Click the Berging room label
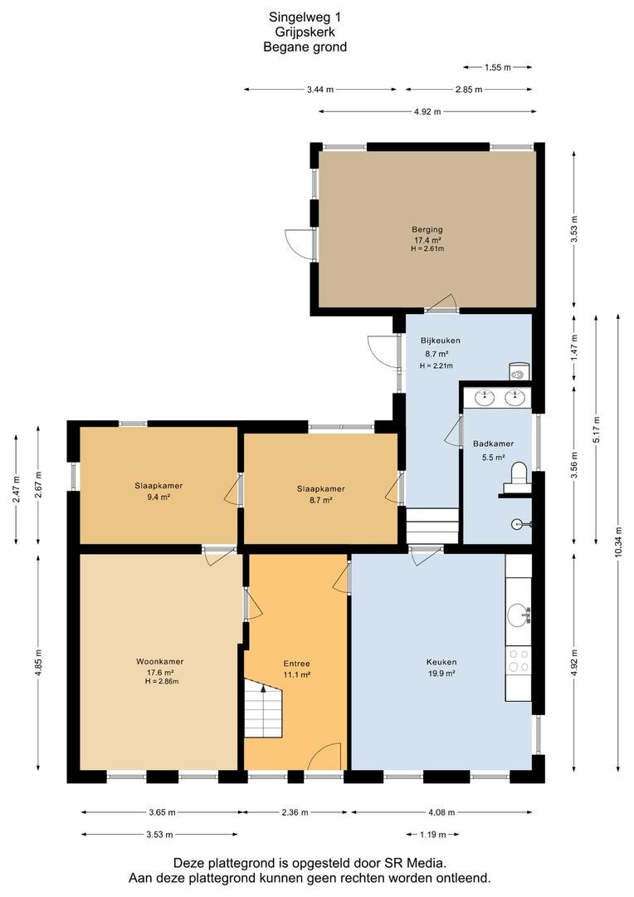[427, 229]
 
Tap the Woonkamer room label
[159, 661]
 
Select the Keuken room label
[441, 662]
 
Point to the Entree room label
[297, 664]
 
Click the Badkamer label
[493, 444]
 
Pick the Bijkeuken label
[440, 341]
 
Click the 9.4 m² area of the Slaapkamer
[159, 498]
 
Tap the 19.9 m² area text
[441, 674]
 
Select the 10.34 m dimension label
[618, 542]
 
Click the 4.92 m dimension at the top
[427, 111]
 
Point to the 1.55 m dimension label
[497, 67]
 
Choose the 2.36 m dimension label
[295, 812]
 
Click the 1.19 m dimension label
[433, 835]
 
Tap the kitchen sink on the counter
[519, 615]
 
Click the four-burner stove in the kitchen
[519, 660]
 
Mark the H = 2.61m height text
[427, 249]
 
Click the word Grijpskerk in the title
[305, 32]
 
